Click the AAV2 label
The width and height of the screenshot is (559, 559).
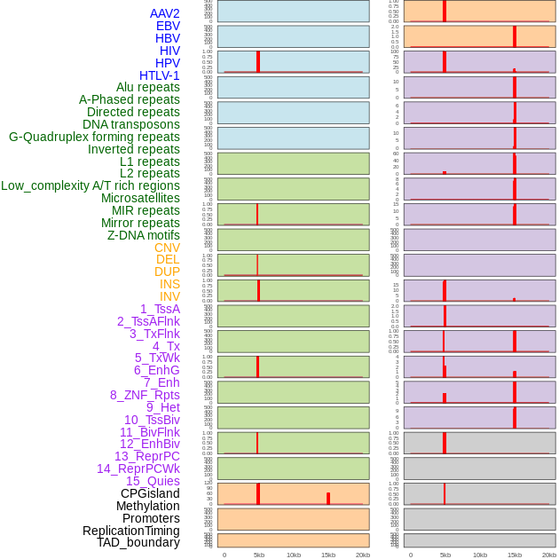[x=164, y=13]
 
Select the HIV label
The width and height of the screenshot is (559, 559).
[x=169, y=51]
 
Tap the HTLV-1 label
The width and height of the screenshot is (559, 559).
[x=159, y=75]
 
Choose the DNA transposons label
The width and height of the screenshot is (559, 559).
[x=130, y=124]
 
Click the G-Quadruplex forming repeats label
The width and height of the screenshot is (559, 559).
[x=94, y=137]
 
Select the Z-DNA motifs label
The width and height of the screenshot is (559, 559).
[x=143, y=235]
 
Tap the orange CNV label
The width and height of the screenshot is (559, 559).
[x=167, y=248]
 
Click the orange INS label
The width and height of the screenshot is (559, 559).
[x=169, y=284]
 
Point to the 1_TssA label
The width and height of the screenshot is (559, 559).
[x=160, y=309]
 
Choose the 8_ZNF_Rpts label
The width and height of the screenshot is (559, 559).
[x=145, y=395]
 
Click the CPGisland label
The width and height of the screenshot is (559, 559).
[x=150, y=493]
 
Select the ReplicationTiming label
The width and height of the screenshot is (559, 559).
[x=131, y=531]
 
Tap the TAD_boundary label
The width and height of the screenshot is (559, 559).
[x=138, y=542]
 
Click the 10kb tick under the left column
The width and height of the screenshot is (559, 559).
[x=294, y=555]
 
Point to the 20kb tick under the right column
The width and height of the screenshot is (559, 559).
[x=549, y=555]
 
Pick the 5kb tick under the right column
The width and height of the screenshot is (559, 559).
[x=445, y=555]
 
